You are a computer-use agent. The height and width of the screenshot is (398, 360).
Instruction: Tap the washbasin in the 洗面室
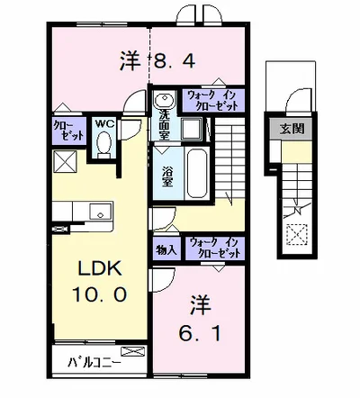coord(164,99)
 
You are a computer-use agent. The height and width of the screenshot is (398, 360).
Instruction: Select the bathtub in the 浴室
coord(197,173)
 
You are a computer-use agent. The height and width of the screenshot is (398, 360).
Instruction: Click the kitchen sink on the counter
coord(101,212)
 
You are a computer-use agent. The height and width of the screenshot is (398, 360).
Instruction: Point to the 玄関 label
coord(292,129)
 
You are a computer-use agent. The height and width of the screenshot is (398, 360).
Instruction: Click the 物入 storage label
coord(166,249)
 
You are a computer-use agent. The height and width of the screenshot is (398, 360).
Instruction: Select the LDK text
coord(100,268)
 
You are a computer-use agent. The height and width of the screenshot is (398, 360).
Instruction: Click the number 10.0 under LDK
coord(99,294)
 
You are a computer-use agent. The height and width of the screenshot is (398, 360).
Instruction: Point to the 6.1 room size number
coord(200,333)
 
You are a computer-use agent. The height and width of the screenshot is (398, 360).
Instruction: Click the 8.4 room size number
coord(175,61)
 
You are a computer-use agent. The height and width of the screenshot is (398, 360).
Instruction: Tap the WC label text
coord(104,123)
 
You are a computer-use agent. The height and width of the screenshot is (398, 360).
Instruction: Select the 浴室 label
coord(167,176)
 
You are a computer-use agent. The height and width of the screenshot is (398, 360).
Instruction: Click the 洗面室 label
coord(164,125)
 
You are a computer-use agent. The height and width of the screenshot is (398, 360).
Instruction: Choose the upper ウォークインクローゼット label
coord(212,100)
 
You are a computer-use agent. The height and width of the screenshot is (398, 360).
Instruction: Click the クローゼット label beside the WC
coord(68,131)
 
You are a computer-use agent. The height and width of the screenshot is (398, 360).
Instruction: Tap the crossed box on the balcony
coord(132,351)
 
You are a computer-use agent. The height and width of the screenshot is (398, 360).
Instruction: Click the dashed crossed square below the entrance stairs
coord(297,235)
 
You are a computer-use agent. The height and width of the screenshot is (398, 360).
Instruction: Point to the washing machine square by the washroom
coord(192,129)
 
